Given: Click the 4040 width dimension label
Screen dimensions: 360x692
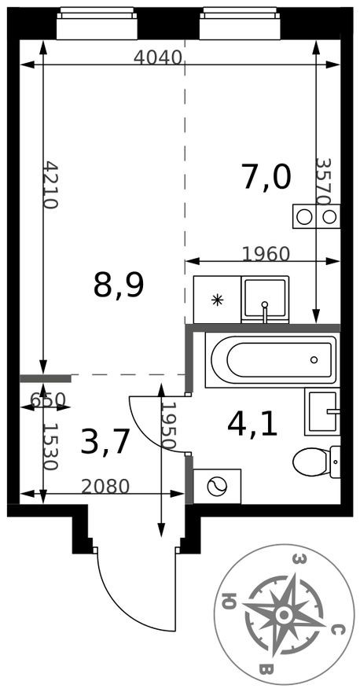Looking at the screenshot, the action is coord(158,57).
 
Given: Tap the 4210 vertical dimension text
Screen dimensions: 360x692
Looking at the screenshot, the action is coord(51,185).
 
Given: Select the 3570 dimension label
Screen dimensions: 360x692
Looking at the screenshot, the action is coord(323,182).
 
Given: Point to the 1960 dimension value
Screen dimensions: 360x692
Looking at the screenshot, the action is coord(266,254).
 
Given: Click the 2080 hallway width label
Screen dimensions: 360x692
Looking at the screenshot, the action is coord(105,486).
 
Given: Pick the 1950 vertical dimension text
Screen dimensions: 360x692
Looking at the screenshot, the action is coord(168,425).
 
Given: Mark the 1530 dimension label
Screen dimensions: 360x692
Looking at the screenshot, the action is coord(50,447).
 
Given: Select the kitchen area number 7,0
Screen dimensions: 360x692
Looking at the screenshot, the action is coord(266,175).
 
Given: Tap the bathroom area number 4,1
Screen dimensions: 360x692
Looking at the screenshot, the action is coord(252,424).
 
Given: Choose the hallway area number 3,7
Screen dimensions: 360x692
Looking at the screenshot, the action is coord(105,442).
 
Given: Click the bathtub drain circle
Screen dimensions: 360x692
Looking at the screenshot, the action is coord(314,359).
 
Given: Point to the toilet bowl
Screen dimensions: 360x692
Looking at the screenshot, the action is coord(310,462).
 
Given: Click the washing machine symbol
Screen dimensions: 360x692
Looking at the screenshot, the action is coord(217,486).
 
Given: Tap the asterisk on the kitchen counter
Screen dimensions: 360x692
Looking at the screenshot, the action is coord(217,300).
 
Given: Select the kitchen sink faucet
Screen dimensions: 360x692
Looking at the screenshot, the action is coord(265,311).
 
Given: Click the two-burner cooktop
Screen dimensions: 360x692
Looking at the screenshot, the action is coord(316,217).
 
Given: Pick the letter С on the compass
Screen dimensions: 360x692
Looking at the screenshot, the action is coord(336,631).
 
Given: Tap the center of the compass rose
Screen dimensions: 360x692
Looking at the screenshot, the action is coord(285,614).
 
